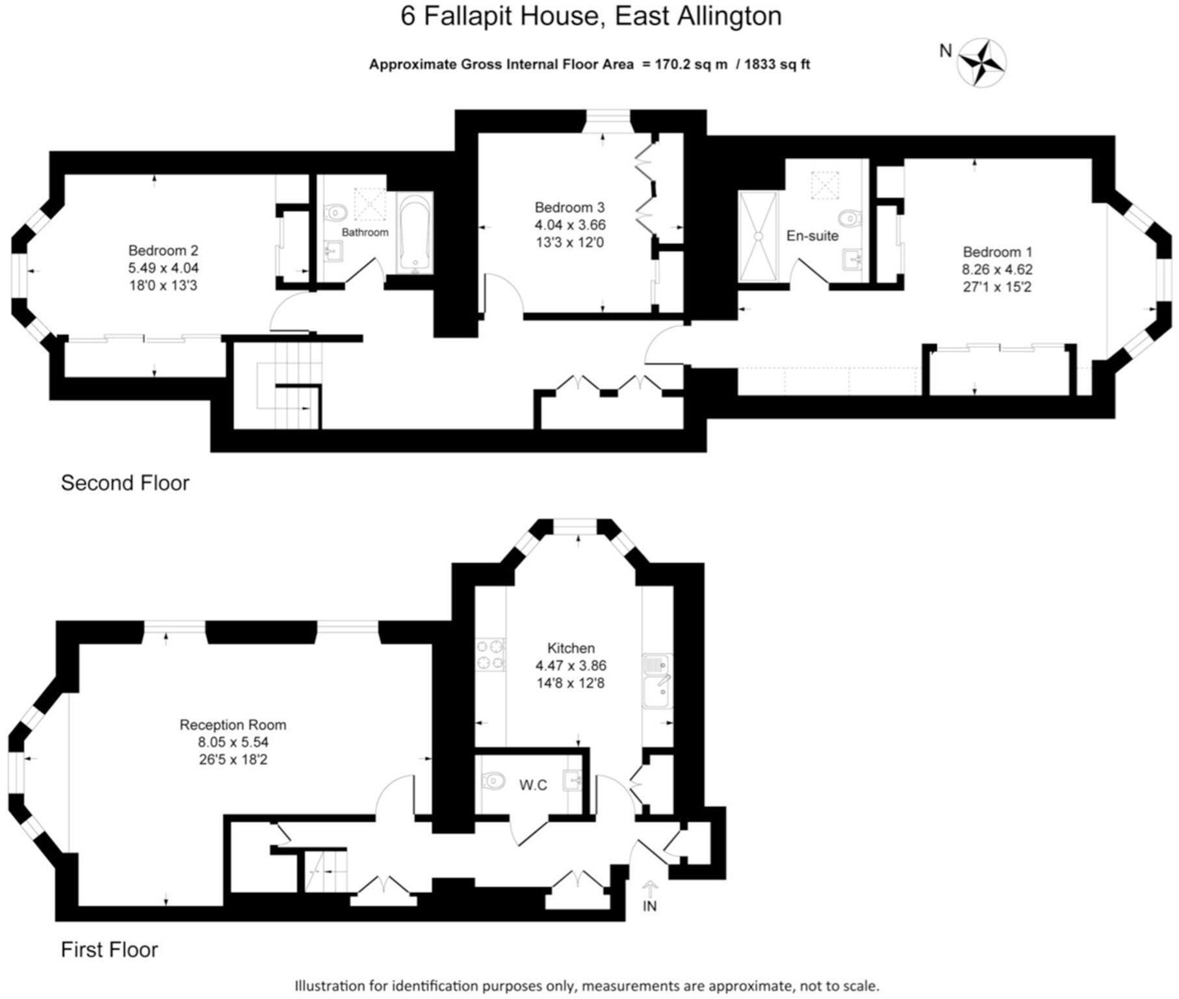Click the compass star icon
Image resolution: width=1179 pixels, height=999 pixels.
[x=983, y=62]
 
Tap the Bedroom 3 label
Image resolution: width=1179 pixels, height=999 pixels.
[x=569, y=207]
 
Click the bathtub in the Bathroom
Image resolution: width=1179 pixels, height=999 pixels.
[x=415, y=234]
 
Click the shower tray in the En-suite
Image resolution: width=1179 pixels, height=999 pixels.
[x=758, y=237]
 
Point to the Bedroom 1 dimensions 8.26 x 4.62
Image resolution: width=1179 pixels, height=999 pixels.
[x=997, y=269]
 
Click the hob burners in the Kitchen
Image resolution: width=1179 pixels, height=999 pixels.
[x=491, y=654]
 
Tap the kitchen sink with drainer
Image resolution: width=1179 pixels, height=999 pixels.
[x=656, y=682]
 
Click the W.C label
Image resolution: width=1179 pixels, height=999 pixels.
[x=533, y=785]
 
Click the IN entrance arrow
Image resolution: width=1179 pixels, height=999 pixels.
[x=649, y=890]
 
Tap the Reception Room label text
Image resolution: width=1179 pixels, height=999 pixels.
[x=233, y=725]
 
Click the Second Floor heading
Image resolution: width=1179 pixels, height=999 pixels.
[x=125, y=483]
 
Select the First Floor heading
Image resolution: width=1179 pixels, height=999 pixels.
[x=109, y=950]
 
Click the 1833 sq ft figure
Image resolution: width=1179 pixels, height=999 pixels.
[x=777, y=64]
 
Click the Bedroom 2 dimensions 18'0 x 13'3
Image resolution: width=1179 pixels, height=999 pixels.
[x=163, y=286]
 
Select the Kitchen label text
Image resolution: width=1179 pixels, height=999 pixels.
[x=571, y=648]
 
